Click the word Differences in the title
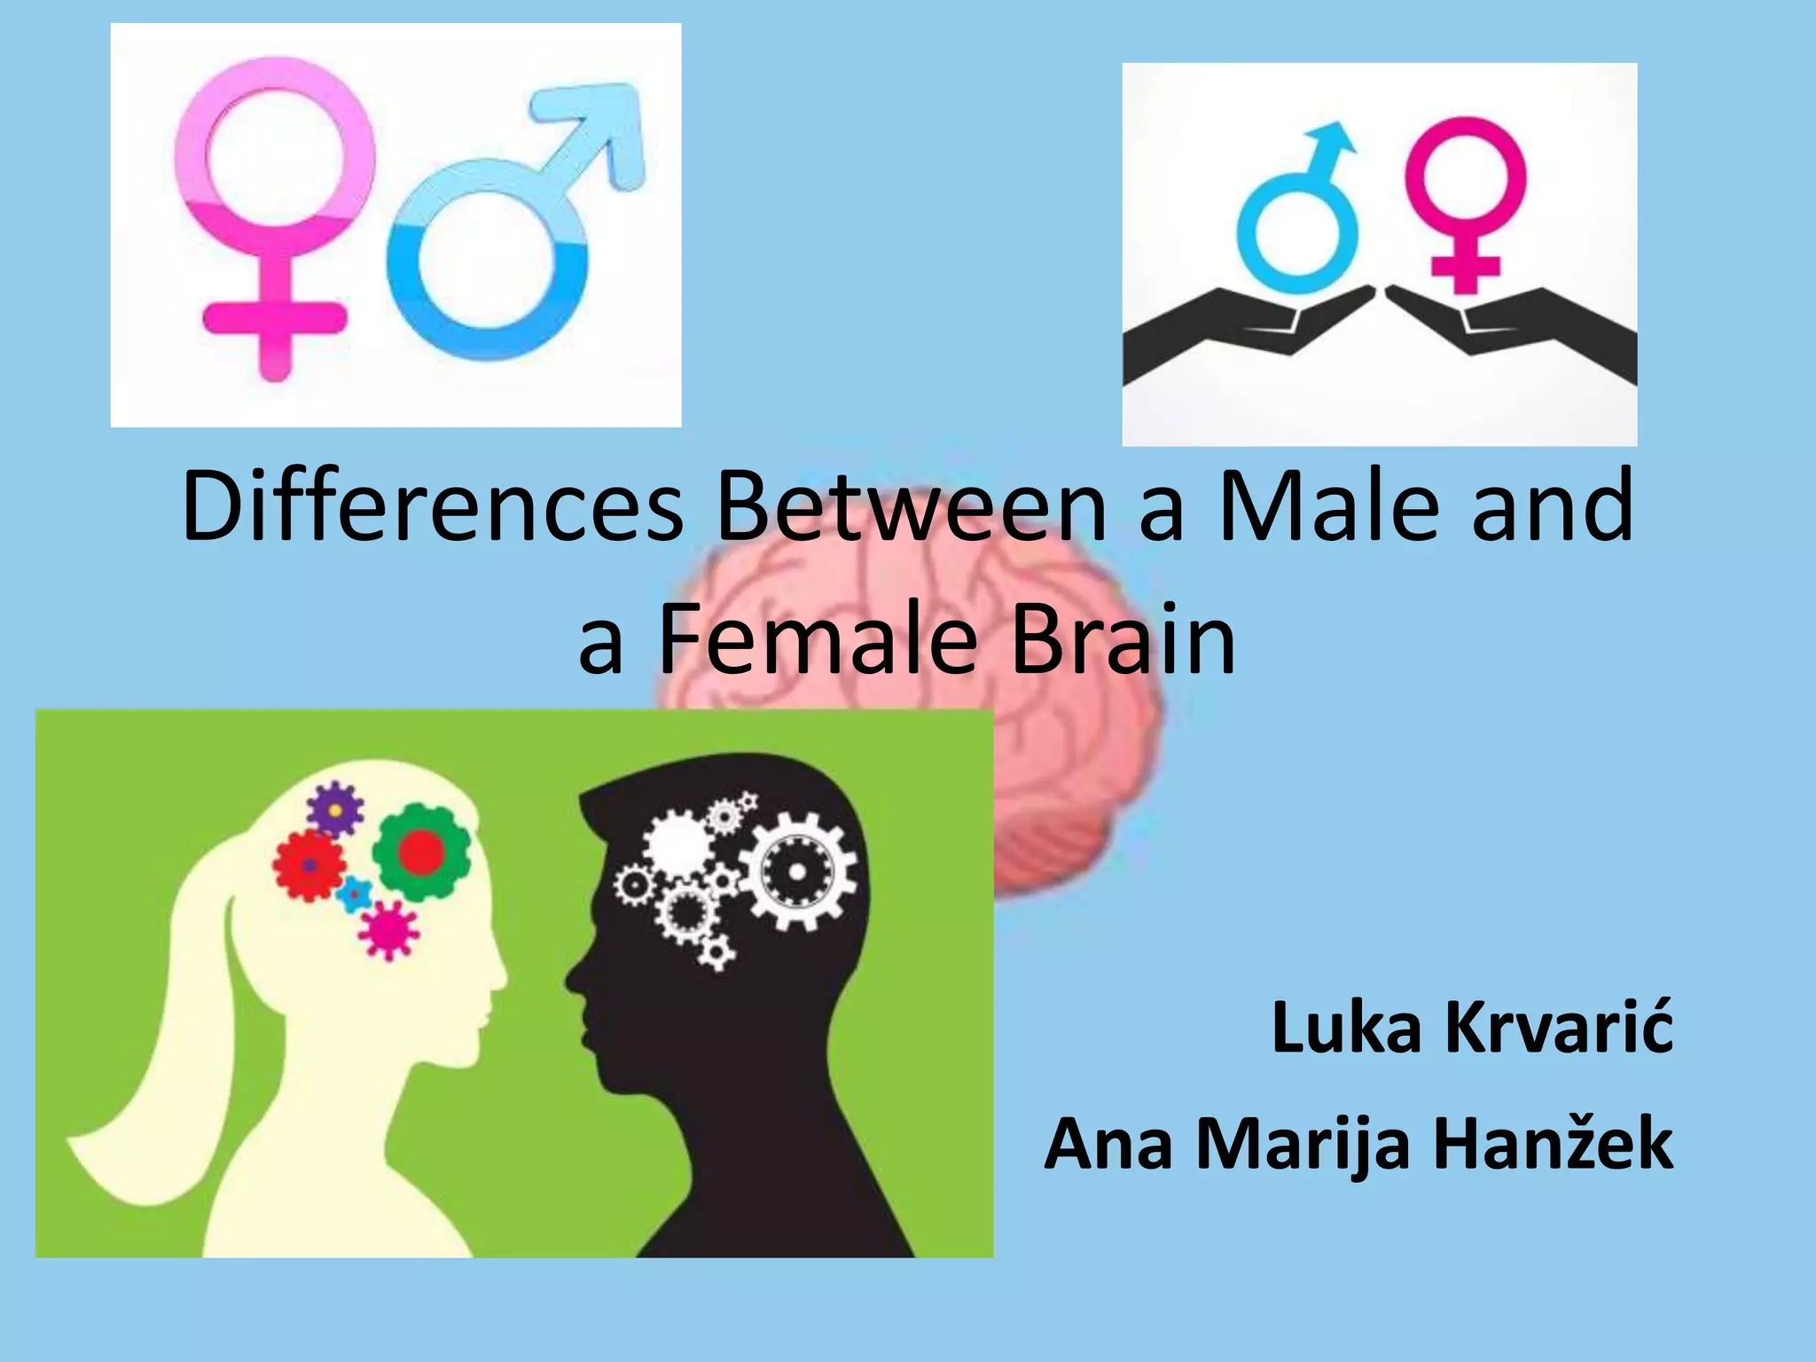[x=433, y=507]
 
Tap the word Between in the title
[x=912, y=507]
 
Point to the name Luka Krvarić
[x=1472, y=1029]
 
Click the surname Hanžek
[x=1554, y=1144]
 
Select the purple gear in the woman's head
[x=335, y=809]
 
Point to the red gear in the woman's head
[x=309, y=865]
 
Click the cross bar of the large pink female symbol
[x=273, y=317]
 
